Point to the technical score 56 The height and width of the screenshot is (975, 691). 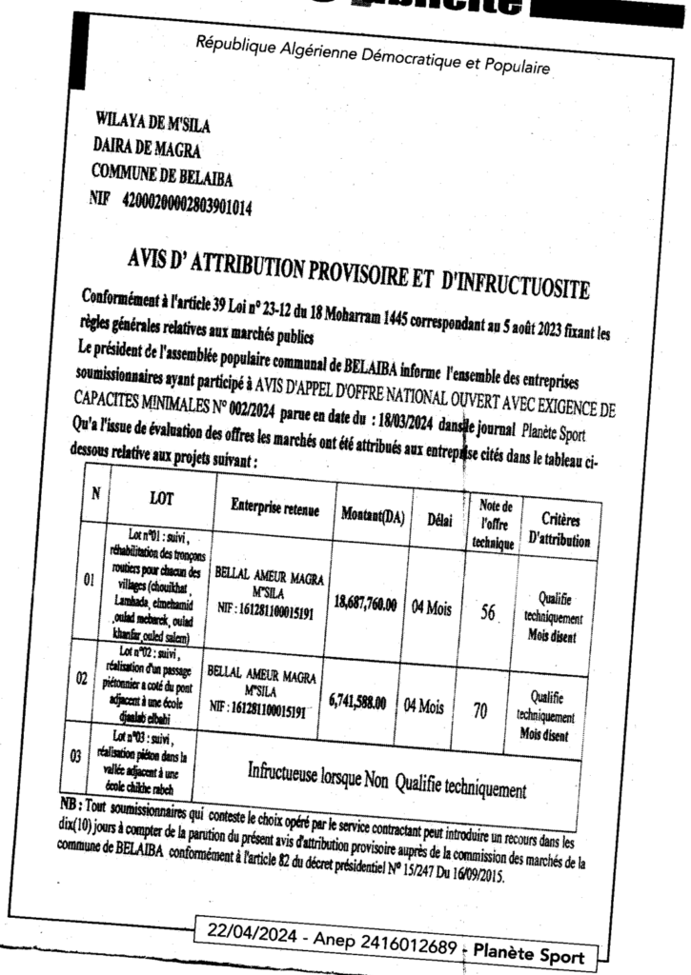[489, 614]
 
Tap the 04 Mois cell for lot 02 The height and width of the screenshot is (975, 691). [424, 706]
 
